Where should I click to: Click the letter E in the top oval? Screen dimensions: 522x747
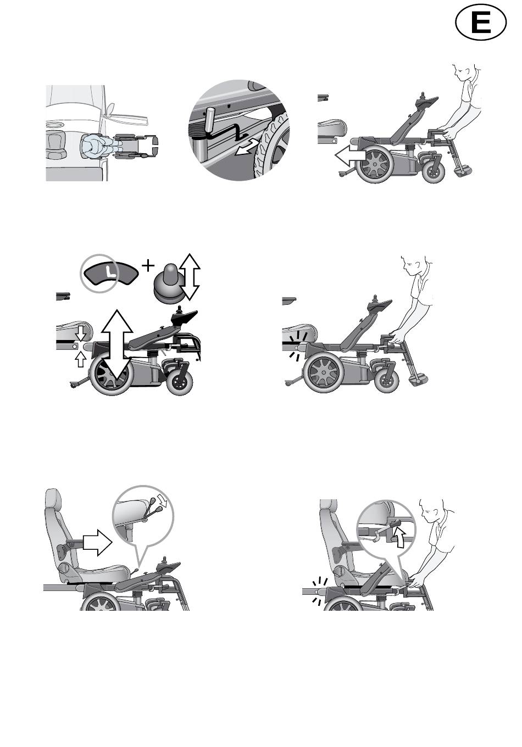pyautogui.click(x=481, y=23)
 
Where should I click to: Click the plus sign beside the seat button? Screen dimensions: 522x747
pyautogui.click(x=148, y=266)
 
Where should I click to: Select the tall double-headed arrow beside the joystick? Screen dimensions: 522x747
pyautogui.click(x=190, y=276)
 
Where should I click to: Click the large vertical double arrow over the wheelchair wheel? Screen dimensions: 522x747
pyautogui.click(x=117, y=344)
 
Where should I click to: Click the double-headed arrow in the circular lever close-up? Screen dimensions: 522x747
pyautogui.click(x=247, y=147)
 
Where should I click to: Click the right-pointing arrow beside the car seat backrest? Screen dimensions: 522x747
pyautogui.click(x=97, y=543)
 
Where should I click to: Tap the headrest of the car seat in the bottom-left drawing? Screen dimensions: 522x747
pyautogui.click(x=54, y=501)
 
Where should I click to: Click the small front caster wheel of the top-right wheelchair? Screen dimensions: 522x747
pyautogui.click(x=434, y=172)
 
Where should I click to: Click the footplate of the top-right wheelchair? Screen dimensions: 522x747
pyautogui.click(x=463, y=172)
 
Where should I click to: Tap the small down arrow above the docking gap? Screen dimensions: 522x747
pyautogui.click(x=81, y=333)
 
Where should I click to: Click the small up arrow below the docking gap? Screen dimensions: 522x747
pyautogui.click(x=80, y=359)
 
